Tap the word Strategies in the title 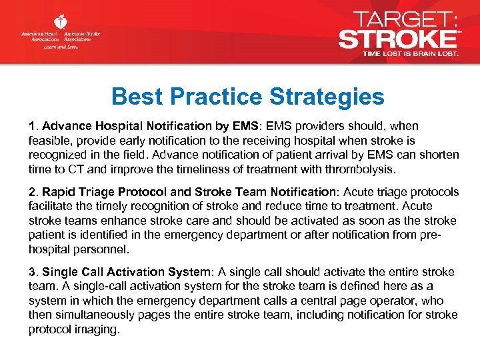(327, 97)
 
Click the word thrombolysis (365, 168)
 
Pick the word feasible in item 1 (48, 141)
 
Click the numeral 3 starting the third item (31, 272)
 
